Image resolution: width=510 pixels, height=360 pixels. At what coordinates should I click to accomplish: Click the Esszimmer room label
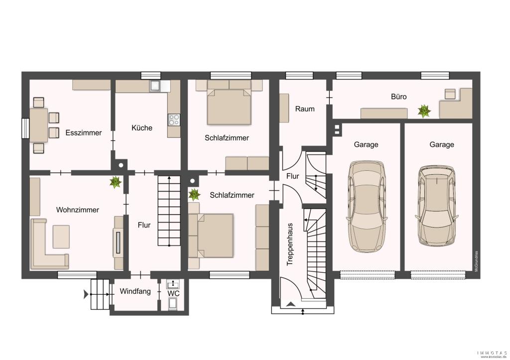[84, 132]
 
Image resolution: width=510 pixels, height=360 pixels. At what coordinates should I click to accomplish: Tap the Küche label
[142, 128]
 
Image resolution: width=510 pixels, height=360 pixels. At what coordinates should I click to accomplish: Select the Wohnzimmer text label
[77, 210]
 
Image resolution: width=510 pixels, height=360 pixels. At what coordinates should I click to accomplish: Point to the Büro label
[399, 97]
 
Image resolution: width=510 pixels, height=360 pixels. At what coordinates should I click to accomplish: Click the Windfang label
[135, 291]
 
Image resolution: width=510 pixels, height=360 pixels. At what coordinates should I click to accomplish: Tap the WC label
[174, 294]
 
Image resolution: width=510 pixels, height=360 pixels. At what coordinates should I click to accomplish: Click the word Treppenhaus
[290, 244]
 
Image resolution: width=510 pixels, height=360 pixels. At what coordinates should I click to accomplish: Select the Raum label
[305, 109]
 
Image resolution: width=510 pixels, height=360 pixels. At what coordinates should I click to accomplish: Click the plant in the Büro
[424, 111]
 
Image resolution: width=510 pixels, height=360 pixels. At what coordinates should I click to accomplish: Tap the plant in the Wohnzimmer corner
[116, 182]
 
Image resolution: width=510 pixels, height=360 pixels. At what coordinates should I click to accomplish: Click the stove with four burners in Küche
[174, 120]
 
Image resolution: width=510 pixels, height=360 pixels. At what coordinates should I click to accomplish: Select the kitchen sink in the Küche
[155, 86]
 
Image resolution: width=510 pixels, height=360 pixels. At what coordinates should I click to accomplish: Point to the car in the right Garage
[437, 206]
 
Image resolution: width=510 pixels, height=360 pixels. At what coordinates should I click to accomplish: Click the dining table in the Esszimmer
[39, 125]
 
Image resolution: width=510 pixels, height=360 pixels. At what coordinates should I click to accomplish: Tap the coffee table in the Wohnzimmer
[61, 237]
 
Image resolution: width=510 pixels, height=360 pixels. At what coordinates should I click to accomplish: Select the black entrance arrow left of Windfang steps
[86, 295]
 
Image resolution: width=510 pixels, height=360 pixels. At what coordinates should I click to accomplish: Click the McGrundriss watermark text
[476, 261]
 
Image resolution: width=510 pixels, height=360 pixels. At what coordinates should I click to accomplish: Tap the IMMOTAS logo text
[492, 353]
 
